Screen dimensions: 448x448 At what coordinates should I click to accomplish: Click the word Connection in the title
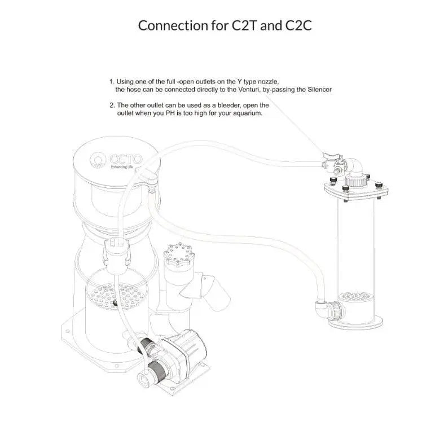coord(173,25)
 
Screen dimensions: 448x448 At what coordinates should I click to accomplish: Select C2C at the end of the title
coord(298,25)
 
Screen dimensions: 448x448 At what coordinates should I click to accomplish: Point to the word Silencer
coord(320,89)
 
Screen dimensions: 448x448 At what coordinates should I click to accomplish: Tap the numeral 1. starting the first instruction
coord(112,82)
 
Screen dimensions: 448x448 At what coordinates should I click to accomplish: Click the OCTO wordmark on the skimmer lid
coord(126,159)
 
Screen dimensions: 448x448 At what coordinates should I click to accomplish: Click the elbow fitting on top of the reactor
coord(355,166)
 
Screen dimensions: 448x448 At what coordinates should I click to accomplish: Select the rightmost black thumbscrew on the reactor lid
coord(379,185)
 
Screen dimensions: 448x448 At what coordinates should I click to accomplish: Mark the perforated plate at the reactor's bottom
coord(356,296)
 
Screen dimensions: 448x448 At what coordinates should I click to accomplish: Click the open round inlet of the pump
coord(143,379)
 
